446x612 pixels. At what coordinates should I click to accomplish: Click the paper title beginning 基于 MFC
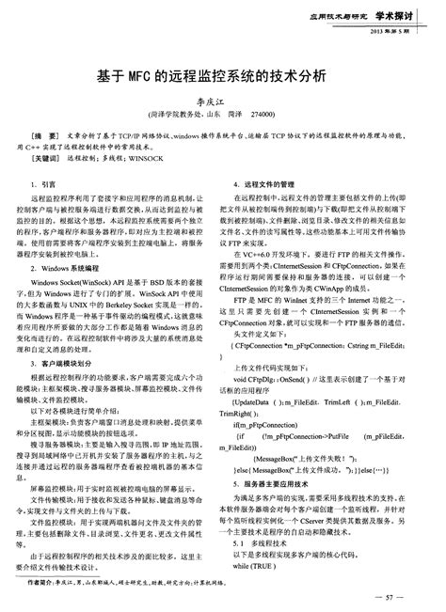[x=222, y=74]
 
